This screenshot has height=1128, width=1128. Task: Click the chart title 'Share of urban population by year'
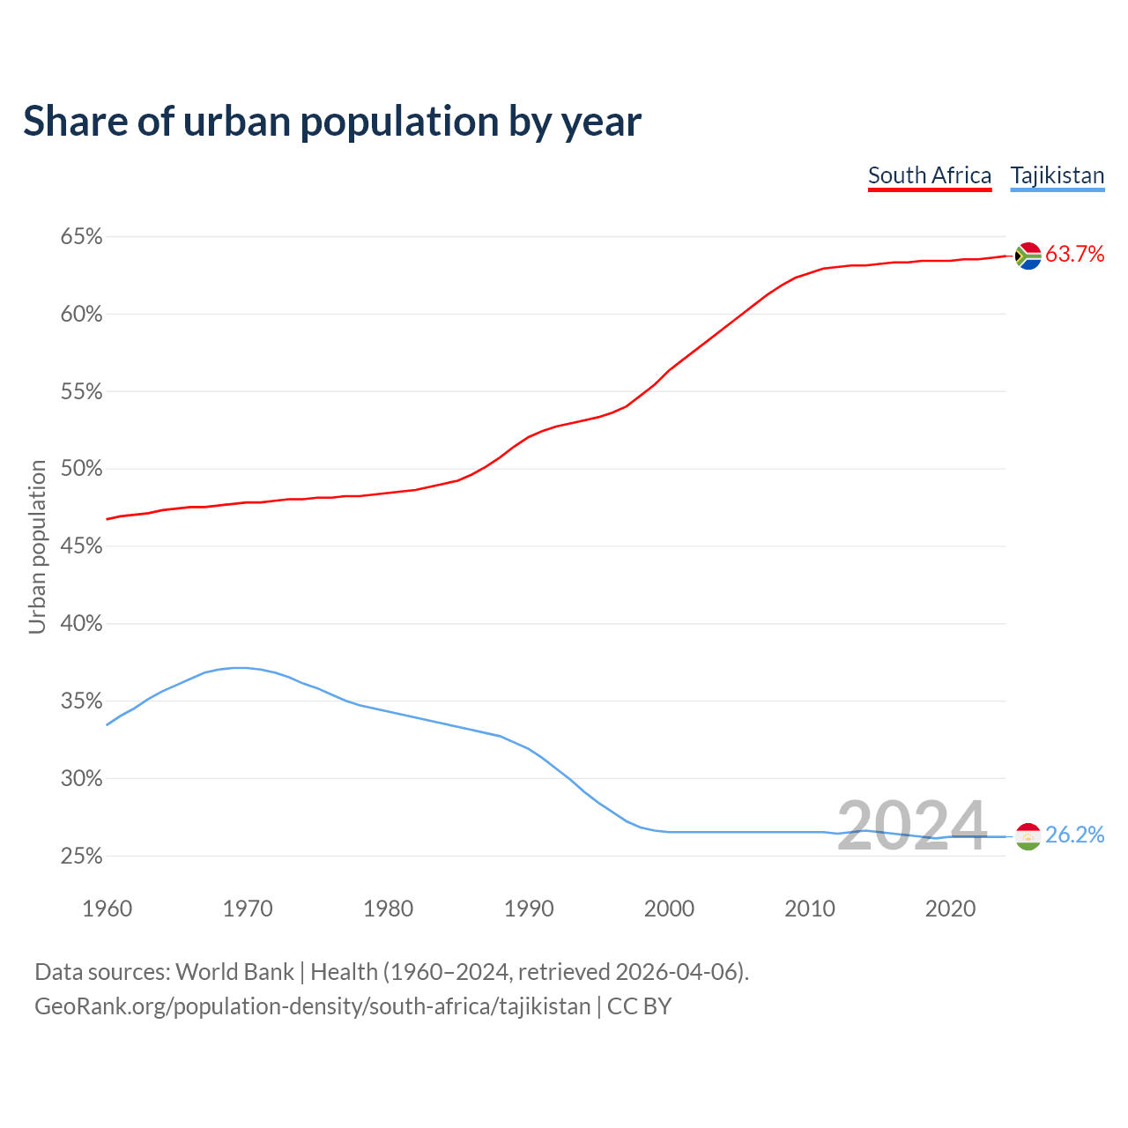pyautogui.click(x=332, y=122)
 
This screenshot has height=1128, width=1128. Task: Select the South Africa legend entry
pyautogui.click(x=930, y=175)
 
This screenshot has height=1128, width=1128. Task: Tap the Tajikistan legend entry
pyautogui.click(x=1057, y=175)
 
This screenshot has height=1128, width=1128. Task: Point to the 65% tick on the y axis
pyautogui.click(x=81, y=237)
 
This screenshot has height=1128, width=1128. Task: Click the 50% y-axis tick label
pyautogui.click(x=81, y=469)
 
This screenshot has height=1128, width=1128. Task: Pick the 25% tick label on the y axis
pyautogui.click(x=81, y=856)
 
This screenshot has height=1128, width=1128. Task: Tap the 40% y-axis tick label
pyautogui.click(x=81, y=624)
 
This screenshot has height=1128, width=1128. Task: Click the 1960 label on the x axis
pyautogui.click(x=107, y=909)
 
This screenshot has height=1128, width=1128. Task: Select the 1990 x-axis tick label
pyautogui.click(x=529, y=909)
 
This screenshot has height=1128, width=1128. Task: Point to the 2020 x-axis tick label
pyautogui.click(x=950, y=909)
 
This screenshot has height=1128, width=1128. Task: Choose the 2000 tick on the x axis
pyautogui.click(x=669, y=909)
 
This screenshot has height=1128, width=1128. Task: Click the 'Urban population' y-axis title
pyautogui.click(x=37, y=546)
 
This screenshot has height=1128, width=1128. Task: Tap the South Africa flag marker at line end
pyautogui.click(x=1028, y=256)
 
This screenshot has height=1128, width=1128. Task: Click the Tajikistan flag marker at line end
pyautogui.click(x=1028, y=835)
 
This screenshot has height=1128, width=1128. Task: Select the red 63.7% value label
pyautogui.click(x=1075, y=255)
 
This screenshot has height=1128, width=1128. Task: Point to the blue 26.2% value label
pyautogui.click(x=1075, y=835)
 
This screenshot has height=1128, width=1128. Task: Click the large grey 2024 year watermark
pyautogui.click(x=911, y=827)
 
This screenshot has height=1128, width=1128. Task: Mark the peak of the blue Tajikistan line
pyautogui.click(x=238, y=667)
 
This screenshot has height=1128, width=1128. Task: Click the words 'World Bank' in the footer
pyautogui.click(x=234, y=972)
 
